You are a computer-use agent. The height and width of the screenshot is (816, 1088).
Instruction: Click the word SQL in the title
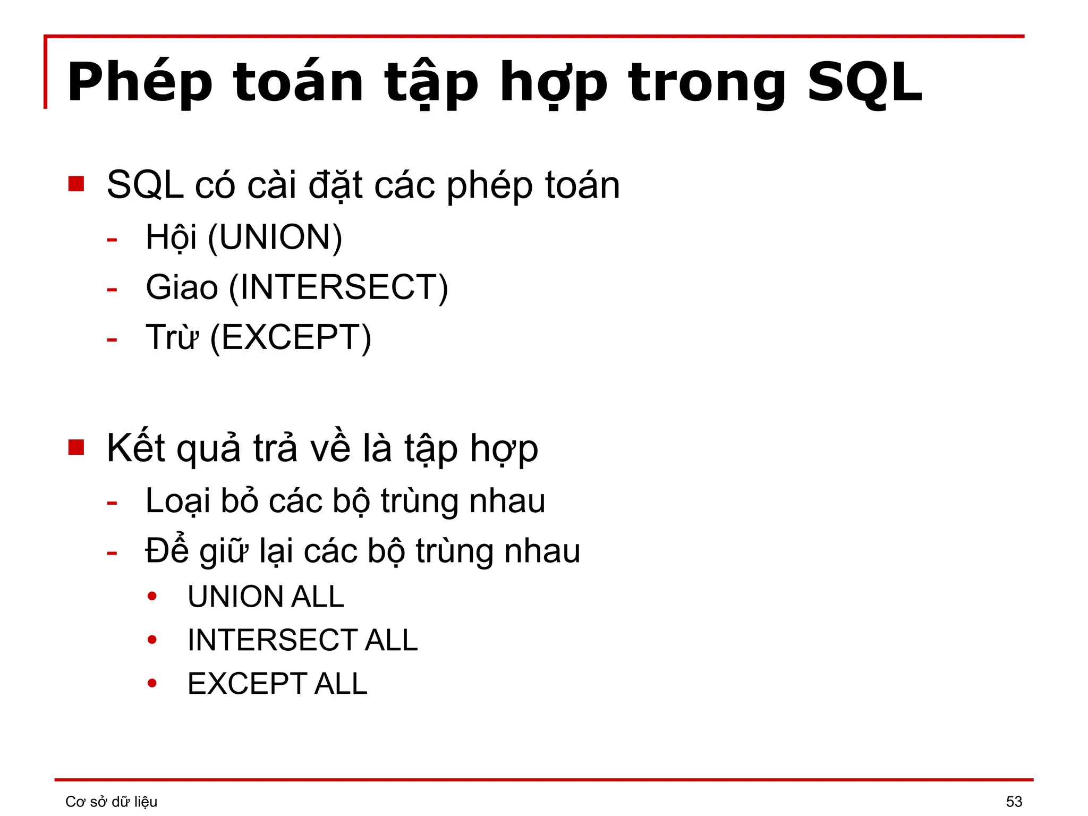click(864, 82)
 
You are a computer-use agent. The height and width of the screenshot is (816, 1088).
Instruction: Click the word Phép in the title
click(140, 82)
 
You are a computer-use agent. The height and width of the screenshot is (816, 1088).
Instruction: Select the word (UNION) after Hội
click(275, 237)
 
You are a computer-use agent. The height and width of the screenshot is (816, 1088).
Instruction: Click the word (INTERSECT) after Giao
click(338, 287)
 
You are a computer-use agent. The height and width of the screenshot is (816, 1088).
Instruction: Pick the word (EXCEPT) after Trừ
click(291, 337)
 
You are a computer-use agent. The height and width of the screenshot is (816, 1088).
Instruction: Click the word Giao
click(182, 287)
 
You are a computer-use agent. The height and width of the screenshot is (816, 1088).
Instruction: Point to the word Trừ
click(172, 337)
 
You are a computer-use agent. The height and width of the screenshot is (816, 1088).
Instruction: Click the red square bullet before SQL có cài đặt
click(76, 184)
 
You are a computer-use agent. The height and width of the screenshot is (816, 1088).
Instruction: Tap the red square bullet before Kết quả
click(76, 447)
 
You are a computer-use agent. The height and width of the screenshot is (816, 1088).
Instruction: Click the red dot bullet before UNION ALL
click(152, 596)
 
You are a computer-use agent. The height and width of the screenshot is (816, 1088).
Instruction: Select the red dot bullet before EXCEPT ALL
click(152, 683)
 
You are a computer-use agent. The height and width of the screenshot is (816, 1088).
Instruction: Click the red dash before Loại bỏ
click(112, 502)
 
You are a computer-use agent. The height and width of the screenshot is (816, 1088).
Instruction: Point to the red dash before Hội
click(112, 240)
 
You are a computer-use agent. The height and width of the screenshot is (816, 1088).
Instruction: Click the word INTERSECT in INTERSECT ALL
click(273, 640)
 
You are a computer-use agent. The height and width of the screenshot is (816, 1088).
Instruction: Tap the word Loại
click(178, 501)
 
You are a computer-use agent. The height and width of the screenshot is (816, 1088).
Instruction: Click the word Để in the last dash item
click(167, 550)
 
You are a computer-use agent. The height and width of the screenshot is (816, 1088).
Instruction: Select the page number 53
click(1014, 801)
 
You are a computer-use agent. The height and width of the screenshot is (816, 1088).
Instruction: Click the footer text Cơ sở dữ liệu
click(111, 801)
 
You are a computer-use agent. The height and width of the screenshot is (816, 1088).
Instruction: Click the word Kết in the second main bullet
click(135, 448)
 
